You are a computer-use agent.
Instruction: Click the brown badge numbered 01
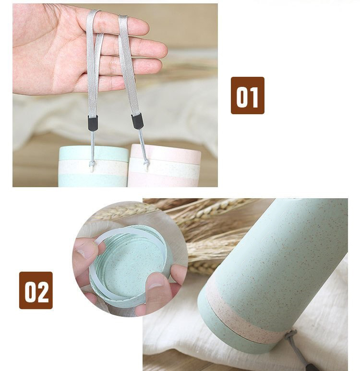click(247, 95)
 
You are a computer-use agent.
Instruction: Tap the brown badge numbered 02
click(36, 290)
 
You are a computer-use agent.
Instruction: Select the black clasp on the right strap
click(138, 121)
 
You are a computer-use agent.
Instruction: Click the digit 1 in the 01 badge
click(254, 96)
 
